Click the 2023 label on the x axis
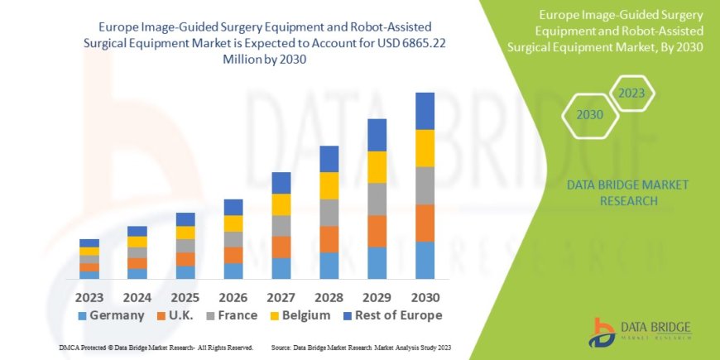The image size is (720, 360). [x=89, y=296]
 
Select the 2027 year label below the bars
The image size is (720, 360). [x=281, y=296]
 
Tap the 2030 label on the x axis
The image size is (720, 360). [x=424, y=296]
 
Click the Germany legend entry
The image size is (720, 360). [x=107, y=315]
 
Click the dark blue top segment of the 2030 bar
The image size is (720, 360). [x=425, y=111]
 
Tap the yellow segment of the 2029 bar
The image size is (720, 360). [x=377, y=167]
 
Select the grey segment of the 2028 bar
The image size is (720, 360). [x=329, y=213]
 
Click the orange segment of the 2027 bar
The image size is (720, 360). [x=281, y=247]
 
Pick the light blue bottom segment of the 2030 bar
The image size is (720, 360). [x=425, y=260]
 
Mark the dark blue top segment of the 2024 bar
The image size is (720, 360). [x=137, y=231]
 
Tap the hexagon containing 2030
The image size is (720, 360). [x=589, y=115]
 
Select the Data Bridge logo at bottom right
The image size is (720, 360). [x=640, y=332]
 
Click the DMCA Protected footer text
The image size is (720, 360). [x=156, y=348]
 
